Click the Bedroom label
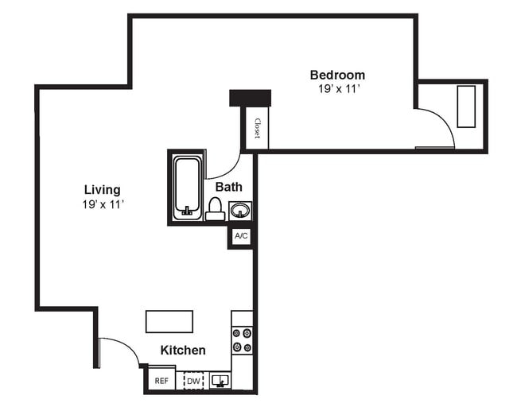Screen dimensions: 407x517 tap(337, 76)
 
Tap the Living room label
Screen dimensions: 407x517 tap(103, 190)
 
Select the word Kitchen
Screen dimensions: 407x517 tap(183, 350)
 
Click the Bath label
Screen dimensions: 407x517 tap(229, 188)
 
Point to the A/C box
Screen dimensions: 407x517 tap(241, 236)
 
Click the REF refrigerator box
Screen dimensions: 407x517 tap(161, 381)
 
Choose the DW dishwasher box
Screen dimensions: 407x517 tap(192, 381)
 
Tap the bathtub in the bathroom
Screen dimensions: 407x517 tap(188, 187)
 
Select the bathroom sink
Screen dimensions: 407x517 tap(239, 211)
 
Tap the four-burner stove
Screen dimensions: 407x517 tap(242, 340)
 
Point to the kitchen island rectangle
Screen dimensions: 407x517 tap(169, 321)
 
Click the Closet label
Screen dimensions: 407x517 tap(257, 128)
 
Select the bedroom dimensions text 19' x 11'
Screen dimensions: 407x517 tap(337, 90)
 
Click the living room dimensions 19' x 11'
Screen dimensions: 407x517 tap(103, 204)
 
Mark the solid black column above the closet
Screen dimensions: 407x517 tap(250, 98)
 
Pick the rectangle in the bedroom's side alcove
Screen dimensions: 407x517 tap(467, 107)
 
